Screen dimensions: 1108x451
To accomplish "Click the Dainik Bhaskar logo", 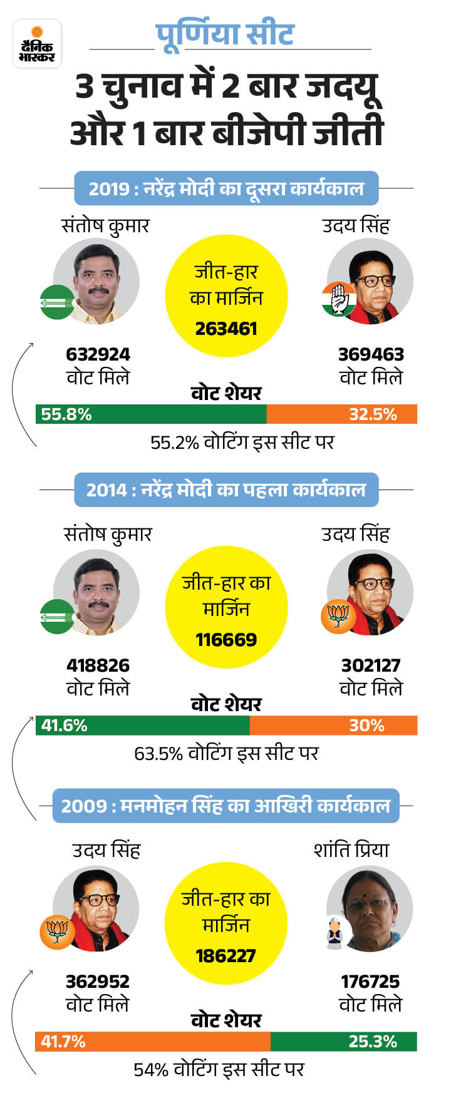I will [x=38, y=44].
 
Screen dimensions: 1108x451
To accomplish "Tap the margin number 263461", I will [x=226, y=329].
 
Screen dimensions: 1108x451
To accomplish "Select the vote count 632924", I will [x=98, y=354].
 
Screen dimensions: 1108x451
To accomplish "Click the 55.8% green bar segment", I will [x=150, y=414].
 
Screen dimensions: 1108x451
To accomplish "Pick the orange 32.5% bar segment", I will [x=341, y=414].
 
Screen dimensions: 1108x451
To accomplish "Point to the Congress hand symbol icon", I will [x=339, y=299].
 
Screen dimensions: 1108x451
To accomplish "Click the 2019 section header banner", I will [x=226, y=188].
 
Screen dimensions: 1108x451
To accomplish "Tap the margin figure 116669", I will [x=226, y=640].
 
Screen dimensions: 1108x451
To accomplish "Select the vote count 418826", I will [x=98, y=665].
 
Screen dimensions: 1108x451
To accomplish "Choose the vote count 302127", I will [x=371, y=665].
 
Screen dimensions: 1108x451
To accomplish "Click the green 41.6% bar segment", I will [x=142, y=726].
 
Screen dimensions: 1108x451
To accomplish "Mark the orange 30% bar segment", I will [x=333, y=726].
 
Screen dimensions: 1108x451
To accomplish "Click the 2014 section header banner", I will [x=226, y=490].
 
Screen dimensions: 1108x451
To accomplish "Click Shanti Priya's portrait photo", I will [x=370, y=909].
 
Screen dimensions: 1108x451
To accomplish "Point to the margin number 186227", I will [x=226, y=956].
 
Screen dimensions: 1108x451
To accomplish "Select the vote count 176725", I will [x=370, y=982].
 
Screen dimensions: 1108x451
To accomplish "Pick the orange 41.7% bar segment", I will [x=152, y=1042].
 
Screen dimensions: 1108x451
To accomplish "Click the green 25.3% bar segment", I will [x=343, y=1042].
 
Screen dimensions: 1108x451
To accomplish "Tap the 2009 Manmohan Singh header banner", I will [x=226, y=806].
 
